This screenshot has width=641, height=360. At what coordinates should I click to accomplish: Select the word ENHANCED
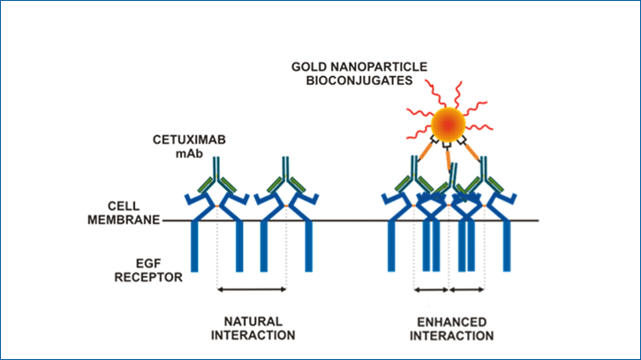tap(452, 321)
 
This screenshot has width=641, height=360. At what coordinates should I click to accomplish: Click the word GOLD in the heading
tap(317, 65)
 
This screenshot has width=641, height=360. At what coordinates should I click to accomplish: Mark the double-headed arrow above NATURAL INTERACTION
tap(252, 289)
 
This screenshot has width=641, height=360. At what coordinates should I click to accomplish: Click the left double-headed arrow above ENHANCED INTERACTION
tap(432, 289)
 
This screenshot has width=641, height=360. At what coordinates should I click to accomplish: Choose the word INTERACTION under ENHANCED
tap(452, 335)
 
